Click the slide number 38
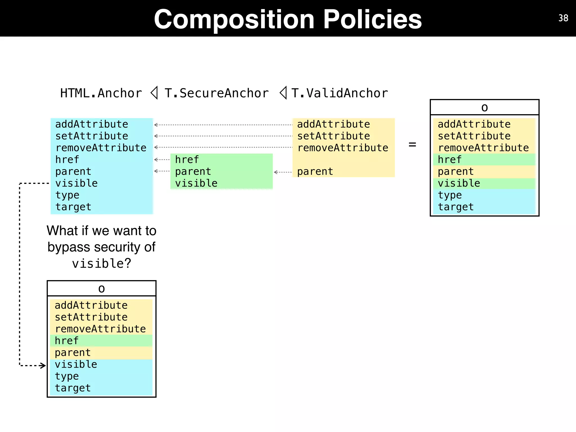[x=563, y=18]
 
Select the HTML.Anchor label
[x=101, y=93]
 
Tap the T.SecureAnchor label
[x=217, y=93]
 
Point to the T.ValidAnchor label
[x=339, y=93]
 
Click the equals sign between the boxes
[x=412, y=145]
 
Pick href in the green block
[x=187, y=160]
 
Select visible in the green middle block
[x=196, y=183]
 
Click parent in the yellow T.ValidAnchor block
[x=315, y=172]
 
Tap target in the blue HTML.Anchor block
[x=73, y=207]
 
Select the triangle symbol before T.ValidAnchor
[x=283, y=93]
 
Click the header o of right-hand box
[x=484, y=107]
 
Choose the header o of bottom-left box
[x=102, y=289]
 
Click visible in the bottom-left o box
[x=76, y=364]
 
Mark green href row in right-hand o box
[x=449, y=160]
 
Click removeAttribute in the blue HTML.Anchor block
[x=101, y=148]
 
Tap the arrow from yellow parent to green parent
[x=282, y=172]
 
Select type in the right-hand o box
[x=449, y=195]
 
